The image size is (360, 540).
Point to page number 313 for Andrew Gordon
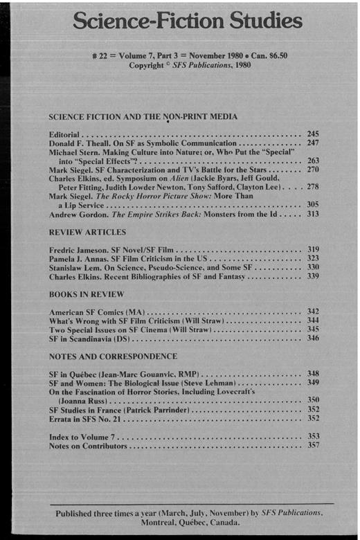(x=313, y=215)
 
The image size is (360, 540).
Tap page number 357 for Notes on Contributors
(x=313, y=446)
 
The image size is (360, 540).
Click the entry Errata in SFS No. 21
(x=90, y=418)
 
